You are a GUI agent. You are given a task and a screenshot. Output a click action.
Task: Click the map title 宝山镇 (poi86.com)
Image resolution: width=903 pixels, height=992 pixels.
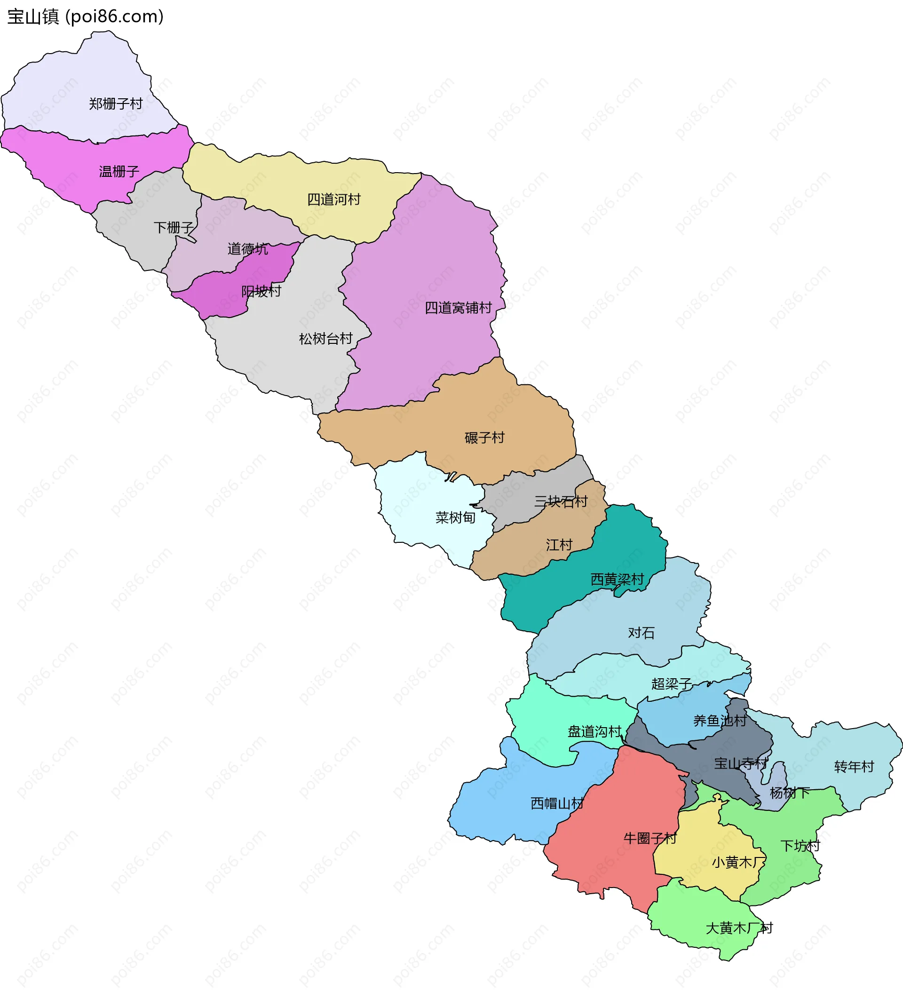(85, 17)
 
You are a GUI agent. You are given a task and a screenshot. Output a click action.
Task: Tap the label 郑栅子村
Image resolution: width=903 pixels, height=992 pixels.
(116, 104)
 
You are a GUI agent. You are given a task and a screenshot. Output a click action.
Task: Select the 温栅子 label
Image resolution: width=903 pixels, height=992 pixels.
(119, 171)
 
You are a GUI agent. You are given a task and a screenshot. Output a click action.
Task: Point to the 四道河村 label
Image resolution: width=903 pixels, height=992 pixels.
(333, 199)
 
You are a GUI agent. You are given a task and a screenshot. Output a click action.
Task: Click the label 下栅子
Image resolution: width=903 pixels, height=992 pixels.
(174, 227)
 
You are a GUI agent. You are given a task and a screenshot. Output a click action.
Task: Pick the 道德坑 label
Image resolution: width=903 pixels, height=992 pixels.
(247, 249)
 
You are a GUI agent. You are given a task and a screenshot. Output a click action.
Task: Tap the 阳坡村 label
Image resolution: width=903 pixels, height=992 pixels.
(261, 291)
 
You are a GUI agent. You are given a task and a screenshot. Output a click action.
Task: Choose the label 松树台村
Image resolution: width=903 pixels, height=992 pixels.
(326, 339)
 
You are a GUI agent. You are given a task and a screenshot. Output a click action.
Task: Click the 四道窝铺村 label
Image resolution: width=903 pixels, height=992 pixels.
(458, 308)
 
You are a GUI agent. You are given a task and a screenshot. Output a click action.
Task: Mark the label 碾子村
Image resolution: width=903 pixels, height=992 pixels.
(484, 437)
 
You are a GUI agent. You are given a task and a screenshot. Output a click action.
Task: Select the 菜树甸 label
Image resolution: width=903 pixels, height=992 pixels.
(455, 518)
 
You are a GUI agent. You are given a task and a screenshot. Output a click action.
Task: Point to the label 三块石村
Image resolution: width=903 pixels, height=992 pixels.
(561, 501)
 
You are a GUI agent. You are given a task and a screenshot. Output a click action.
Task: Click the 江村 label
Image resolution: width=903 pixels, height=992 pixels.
(559, 545)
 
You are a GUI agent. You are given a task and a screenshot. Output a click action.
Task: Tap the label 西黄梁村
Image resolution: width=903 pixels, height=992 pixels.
(617, 579)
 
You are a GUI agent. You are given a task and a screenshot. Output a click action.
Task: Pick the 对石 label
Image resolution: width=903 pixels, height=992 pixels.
(641, 633)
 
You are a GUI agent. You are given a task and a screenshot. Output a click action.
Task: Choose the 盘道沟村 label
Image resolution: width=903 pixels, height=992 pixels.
(594, 732)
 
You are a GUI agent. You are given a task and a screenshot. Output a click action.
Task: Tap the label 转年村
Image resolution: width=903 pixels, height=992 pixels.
(854, 767)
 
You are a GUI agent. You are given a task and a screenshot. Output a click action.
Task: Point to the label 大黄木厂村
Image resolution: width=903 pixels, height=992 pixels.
(739, 928)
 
